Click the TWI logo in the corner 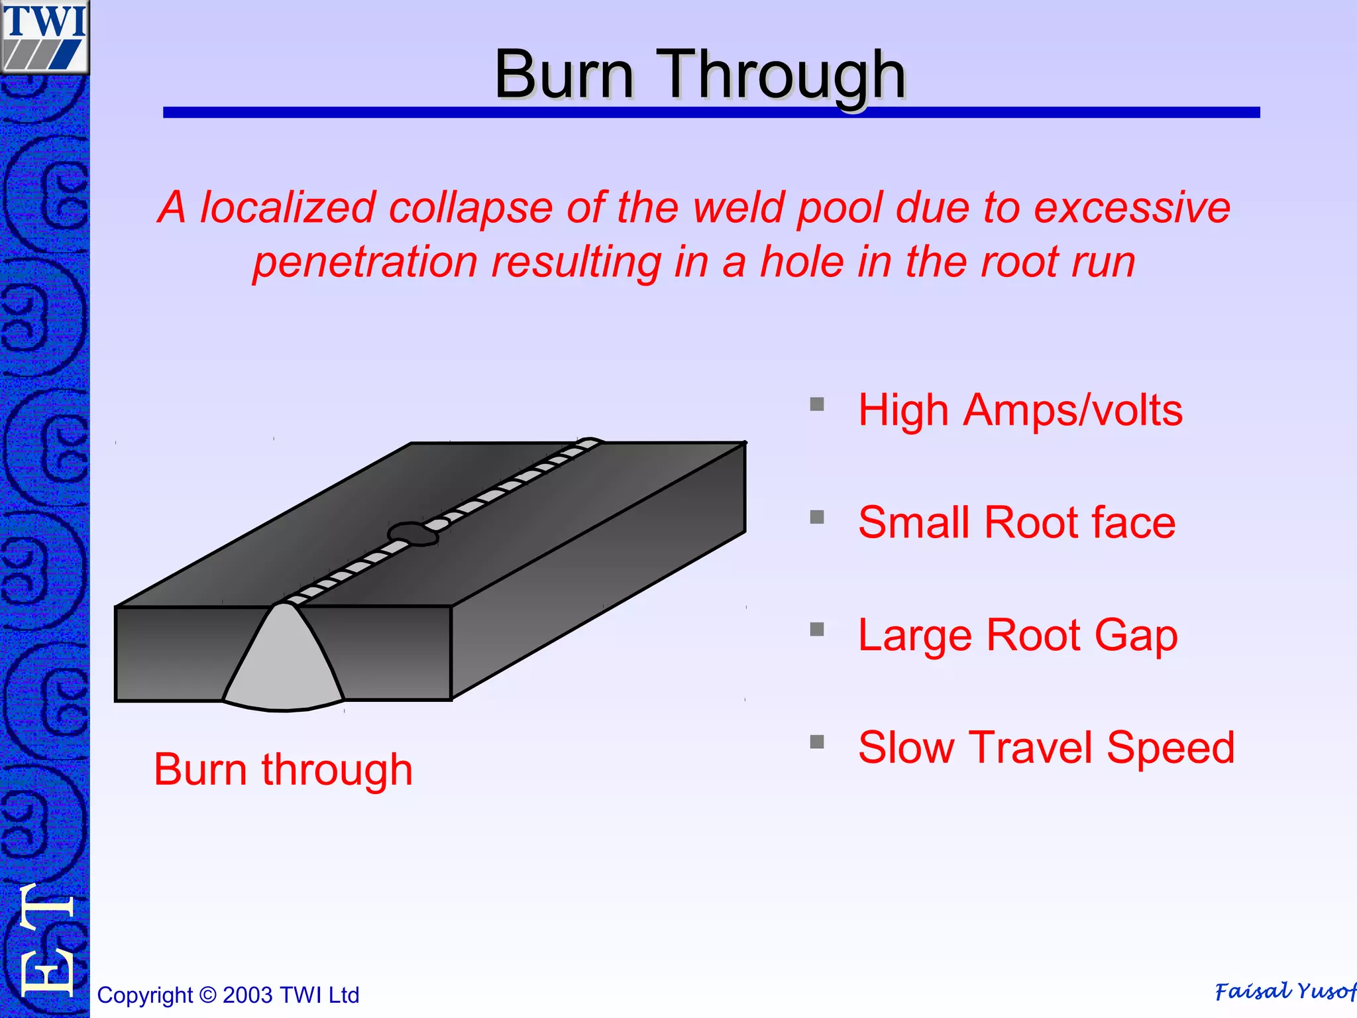[44, 36]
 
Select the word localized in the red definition [288, 207]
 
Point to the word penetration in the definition [365, 262]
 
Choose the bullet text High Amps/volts [1020, 410]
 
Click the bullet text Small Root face [1016, 522]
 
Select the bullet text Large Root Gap [1018, 635]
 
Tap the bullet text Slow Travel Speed [1046, 748]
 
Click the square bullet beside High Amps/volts [817, 404]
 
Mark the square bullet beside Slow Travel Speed [817, 742]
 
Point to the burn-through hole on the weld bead [412, 534]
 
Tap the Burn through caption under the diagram [283, 769]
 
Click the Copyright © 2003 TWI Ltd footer [228, 995]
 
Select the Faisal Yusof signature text [1284, 991]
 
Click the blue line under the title [711, 113]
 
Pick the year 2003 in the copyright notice [247, 995]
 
